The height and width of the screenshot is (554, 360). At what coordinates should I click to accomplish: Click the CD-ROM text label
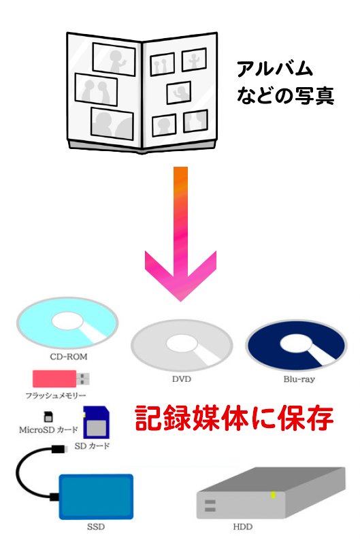pos(69,357)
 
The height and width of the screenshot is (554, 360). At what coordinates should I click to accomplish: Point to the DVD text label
pos(182,379)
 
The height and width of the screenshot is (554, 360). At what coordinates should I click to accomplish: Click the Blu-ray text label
pos(299,379)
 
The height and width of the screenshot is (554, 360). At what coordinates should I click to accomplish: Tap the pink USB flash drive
pos(61,379)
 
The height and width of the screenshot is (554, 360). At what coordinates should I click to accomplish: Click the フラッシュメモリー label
pos(56,395)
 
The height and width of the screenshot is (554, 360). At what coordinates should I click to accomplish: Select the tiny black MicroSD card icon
pos(48,417)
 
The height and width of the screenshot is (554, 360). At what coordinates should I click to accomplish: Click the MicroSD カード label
pos(48,430)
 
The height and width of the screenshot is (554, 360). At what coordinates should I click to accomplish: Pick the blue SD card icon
pos(96,422)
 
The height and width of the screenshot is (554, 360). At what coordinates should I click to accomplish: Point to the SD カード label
pos(92,446)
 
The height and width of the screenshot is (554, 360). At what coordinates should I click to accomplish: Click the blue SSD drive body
pos(96,497)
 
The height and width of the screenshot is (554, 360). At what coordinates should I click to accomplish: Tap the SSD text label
pos(96,527)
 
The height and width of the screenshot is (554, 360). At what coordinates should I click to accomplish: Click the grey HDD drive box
pos(271,493)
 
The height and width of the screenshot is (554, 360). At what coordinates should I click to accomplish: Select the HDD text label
pos(243,527)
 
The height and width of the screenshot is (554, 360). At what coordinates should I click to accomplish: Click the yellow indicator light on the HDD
pos(273,495)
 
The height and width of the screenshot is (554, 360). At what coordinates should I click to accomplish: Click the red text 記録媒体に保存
pos(234,419)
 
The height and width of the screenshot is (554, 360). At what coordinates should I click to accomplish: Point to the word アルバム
pos(275,69)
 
